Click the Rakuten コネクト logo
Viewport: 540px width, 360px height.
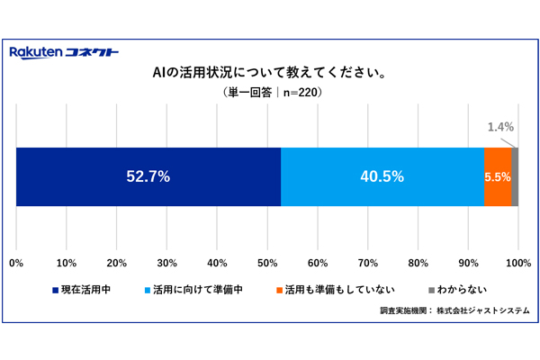click(64, 53)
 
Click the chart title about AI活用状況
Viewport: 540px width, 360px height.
click(270, 73)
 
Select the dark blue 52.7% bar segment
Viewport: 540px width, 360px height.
click(148, 176)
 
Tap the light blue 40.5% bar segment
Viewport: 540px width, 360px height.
click(382, 176)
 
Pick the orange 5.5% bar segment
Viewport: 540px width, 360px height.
click(498, 176)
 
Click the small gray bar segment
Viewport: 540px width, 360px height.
click(515, 176)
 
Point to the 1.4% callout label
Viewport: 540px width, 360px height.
click(500, 127)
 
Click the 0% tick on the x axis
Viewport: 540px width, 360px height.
click(16, 263)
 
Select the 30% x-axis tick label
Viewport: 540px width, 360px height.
click(167, 263)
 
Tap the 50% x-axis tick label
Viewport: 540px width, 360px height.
click(267, 263)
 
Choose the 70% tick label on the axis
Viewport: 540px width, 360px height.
click(368, 263)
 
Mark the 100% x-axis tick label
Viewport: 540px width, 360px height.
click(518, 263)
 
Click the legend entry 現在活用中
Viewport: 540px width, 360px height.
click(82, 290)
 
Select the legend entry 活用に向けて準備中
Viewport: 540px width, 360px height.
click(193, 290)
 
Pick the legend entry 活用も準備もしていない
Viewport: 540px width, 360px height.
click(336, 290)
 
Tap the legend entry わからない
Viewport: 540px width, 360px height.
click(458, 290)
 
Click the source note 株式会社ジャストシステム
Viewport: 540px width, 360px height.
click(483, 310)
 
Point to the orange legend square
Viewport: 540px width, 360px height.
click(280, 291)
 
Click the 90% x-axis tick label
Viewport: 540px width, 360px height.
click(468, 263)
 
